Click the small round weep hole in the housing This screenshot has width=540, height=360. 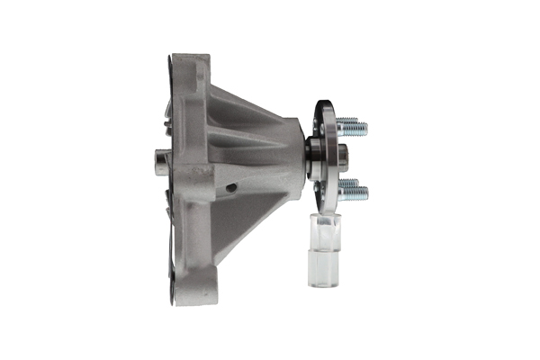point(233,188)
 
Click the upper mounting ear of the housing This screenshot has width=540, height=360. point(191,67)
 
